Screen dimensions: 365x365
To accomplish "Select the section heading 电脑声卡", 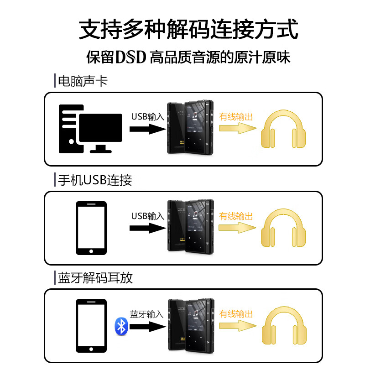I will [83, 81].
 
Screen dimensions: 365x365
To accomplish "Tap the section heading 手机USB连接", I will [95, 180].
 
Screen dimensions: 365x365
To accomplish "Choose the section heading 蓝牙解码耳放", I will [95, 278].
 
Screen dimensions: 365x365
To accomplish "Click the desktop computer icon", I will [90, 129].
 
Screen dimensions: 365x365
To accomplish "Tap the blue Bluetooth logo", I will [120, 326].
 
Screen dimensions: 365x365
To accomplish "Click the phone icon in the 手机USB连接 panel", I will [91, 228].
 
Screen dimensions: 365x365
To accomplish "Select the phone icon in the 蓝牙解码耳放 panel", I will [91, 326].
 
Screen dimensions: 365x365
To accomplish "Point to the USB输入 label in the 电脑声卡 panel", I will [147, 117].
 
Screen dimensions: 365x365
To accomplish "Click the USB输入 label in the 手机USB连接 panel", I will [147, 216].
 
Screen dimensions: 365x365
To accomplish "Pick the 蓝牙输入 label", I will [146, 314].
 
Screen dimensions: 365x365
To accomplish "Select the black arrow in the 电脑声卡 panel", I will [147, 129].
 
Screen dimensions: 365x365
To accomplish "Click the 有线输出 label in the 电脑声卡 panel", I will [236, 117].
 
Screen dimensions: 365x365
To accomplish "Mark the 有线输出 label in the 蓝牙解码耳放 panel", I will [236, 314].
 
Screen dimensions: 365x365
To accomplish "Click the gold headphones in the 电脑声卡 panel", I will [283, 129].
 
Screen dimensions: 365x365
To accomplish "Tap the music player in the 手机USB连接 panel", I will [190, 226].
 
